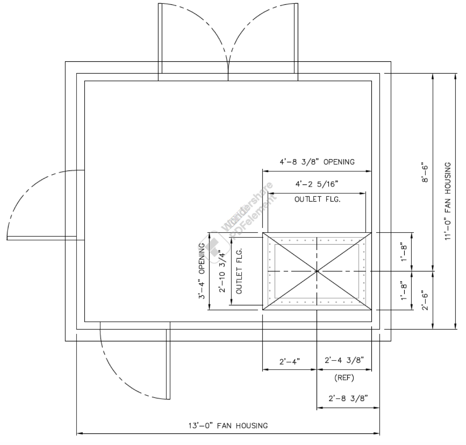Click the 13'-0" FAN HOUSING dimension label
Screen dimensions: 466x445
point(228,426)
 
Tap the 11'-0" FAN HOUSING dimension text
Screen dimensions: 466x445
point(447,201)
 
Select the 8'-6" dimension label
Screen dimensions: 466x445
point(425,172)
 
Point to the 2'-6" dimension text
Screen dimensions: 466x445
point(425,300)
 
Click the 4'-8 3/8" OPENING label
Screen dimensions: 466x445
point(317,162)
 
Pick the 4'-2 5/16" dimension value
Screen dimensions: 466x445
point(317,184)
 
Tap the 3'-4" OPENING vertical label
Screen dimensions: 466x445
point(202,271)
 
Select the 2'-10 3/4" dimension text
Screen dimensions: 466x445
point(222,271)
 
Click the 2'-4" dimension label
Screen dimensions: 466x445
point(289,362)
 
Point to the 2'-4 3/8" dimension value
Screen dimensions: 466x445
point(344,360)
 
